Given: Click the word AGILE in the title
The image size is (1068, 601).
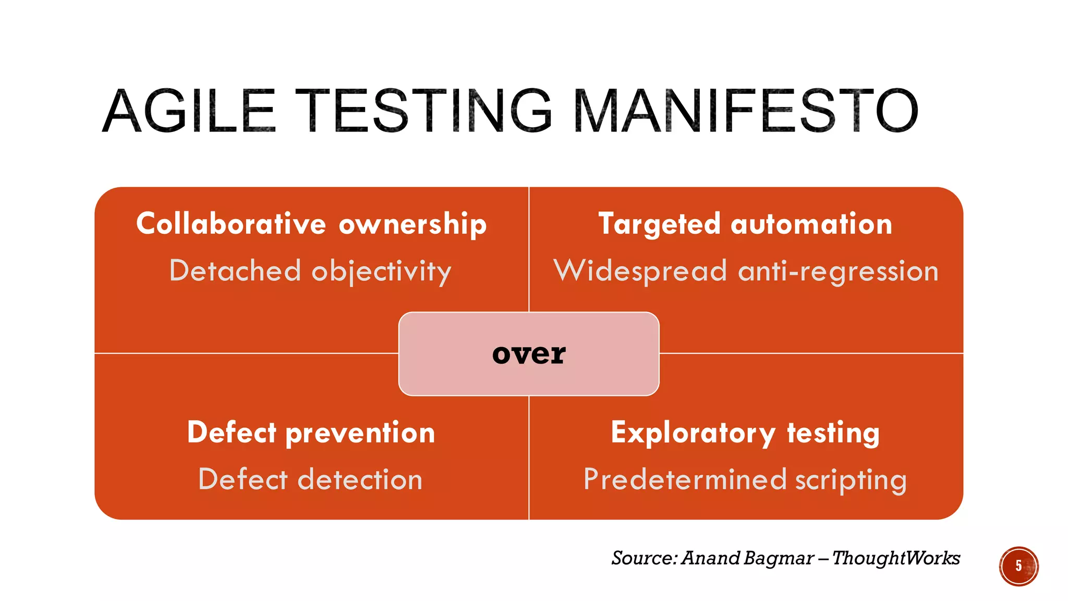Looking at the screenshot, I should pyautogui.click(x=189, y=111).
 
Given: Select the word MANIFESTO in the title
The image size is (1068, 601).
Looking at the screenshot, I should pyautogui.click(x=746, y=111).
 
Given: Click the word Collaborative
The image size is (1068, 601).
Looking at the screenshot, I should pyautogui.click(x=231, y=224).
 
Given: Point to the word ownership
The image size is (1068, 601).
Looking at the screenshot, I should pyautogui.click(x=412, y=225).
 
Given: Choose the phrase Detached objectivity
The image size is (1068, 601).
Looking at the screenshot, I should pyautogui.click(x=310, y=271).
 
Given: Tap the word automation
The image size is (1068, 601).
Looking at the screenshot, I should pyautogui.click(x=811, y=224).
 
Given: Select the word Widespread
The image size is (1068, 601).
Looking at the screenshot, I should pyautogui.click(x=640, y=271).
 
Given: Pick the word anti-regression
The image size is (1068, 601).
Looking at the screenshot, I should pyautogui.click(x=839, y=271).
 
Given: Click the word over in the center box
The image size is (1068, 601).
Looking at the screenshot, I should pyautogui.click(x=529, y=354).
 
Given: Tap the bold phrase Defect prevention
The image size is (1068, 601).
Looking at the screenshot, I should pyautogui.click(x=311, y=433).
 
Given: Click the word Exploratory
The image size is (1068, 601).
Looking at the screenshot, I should pyautogui.click(x=693, y=433).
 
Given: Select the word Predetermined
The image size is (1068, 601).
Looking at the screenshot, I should pyautogui.click(x=685, y=479).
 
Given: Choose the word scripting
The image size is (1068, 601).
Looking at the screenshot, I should pyautogui.click(x=851, y=480).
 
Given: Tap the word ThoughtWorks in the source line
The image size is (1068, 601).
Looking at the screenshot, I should pyautogui.click(x=896, y=558).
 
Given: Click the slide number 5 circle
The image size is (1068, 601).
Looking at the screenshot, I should pyautogui.click(x=1018, y=566).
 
